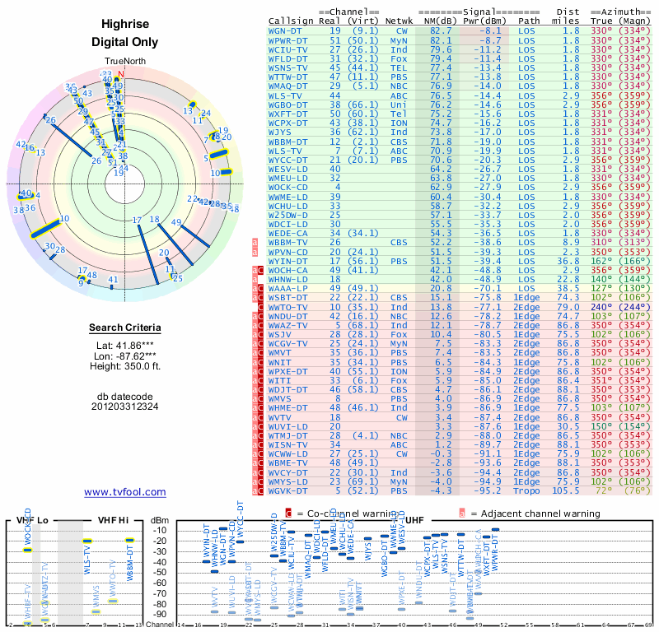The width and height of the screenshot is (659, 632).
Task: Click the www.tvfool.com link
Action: [125, 492]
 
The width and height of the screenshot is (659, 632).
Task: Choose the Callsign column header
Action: [292, 20]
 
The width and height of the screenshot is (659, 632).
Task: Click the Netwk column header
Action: [400, 20]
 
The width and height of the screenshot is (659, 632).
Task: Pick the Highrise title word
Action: [124, 24]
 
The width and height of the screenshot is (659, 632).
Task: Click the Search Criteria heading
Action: [124, 328]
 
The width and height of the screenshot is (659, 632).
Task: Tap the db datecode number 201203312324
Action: [124, 406]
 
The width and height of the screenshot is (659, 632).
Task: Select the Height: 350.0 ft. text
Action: [124, 367]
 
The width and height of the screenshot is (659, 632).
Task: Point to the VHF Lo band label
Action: [33, 521]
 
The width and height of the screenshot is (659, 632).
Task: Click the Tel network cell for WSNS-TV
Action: [399, 67]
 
